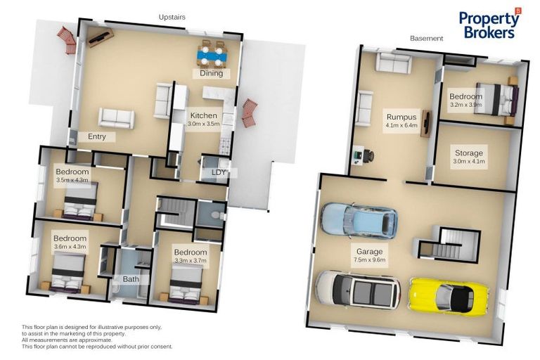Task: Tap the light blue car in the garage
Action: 359,220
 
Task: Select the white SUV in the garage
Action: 358,289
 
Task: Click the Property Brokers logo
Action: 490,23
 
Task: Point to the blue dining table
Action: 212,55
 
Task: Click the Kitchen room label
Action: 203,116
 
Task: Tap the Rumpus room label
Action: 401,117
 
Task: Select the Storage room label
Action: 469,153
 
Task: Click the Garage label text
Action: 370,252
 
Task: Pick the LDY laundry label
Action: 219,172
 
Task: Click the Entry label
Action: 97,136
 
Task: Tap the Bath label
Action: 131,279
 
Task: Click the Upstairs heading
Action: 172,17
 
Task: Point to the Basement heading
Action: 426,38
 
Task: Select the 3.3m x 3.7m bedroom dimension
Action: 191,260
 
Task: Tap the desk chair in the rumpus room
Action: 368,155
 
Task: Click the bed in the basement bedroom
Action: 498,99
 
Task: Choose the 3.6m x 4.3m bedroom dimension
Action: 70,247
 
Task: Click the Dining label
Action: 212,73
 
